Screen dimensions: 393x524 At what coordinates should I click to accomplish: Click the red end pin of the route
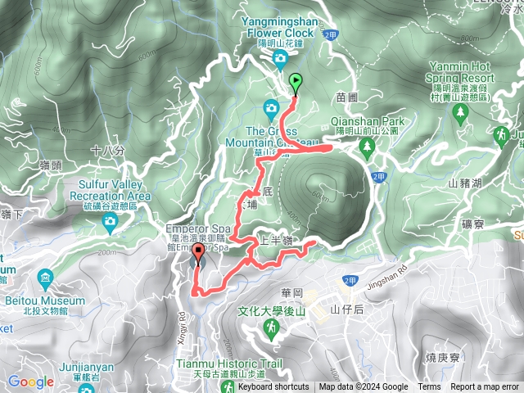coord(197,256)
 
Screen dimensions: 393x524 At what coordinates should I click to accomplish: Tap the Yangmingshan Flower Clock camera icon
coord(280,57)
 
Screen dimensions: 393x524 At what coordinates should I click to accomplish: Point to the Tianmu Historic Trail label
coord(228,363)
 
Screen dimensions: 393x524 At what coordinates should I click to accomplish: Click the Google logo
coord(31,382)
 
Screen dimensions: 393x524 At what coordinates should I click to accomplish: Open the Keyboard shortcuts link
coord(273,387)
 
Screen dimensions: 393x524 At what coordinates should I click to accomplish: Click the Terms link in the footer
coord(429,387)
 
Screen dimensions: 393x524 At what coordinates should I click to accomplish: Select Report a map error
coord(486,387)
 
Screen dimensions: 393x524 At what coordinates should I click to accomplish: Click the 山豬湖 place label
coord(465,183)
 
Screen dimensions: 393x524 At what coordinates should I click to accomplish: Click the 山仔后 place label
coord(346,309)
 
